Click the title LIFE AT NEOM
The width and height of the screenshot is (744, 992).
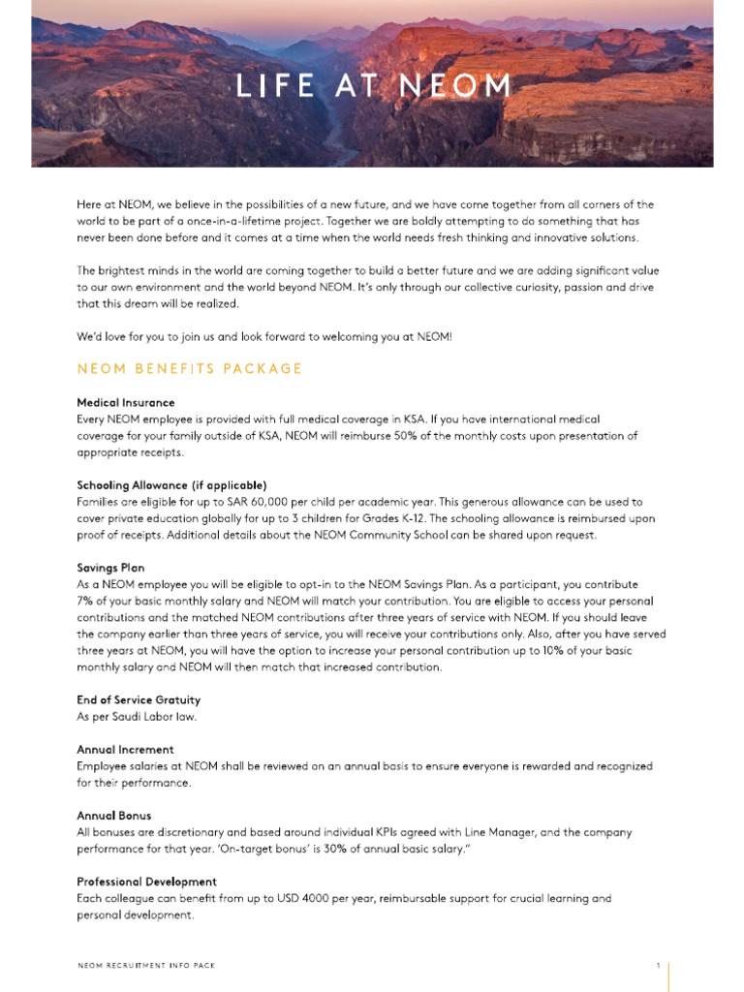point(373,86)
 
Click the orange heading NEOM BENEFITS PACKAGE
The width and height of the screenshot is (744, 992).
point(190,369)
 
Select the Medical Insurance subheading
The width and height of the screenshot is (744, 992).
point(126,402)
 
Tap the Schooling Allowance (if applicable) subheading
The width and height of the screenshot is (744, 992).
point(171,484)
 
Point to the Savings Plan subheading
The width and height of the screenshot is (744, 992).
point(110,568)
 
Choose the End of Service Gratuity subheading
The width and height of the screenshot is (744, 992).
point(139,699)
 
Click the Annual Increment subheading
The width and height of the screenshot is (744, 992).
point(125,749)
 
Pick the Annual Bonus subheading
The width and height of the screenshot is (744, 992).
point(114,816)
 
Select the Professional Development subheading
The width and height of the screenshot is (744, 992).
point(146,882)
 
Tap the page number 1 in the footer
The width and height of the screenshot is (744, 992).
point(658,966)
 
